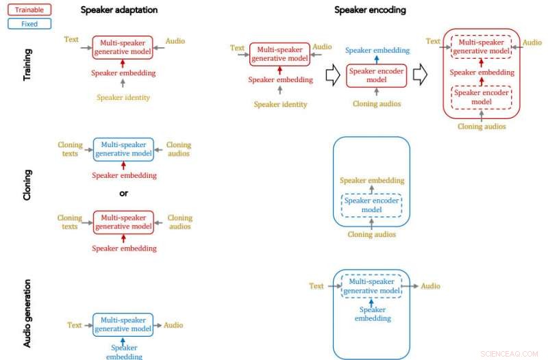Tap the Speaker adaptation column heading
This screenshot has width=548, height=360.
click(119, 10)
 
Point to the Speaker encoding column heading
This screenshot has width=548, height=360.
click(370, 10)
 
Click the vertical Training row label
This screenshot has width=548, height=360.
click(27, 65)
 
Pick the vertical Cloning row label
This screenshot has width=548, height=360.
click(27, 185)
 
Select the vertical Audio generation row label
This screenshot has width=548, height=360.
click(27, 313)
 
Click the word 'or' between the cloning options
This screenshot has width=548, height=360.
click(123, 193)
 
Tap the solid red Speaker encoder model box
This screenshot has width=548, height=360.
click(376, 75)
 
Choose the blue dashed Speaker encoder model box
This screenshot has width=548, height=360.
click(371, 205)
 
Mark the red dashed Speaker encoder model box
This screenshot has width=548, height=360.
click(481, 97)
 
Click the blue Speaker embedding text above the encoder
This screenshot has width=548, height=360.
click(377, 50)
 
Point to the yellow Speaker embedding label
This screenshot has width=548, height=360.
click(372, 181)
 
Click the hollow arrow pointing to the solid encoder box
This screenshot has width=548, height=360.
click(332, 76)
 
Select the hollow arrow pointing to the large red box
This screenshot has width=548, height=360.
click(420, 76)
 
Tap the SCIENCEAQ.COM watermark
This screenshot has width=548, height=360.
click(510, 353)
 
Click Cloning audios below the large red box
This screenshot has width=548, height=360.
click(482, 126)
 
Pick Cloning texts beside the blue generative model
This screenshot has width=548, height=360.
click(70, 149)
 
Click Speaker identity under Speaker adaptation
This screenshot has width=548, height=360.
click(123, 97)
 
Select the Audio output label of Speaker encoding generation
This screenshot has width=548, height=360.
click(430, 286)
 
